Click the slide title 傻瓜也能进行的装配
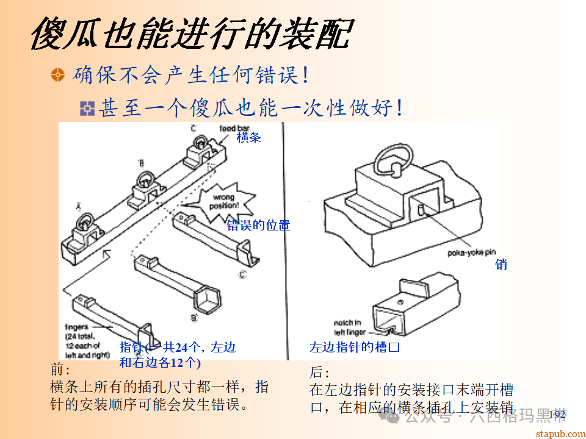point(190,34)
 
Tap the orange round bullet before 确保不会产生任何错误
point(57,75)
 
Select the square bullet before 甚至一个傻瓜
point(88,109)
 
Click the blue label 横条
point(249,138)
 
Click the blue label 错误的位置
point(258,225)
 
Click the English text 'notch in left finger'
point(349,327)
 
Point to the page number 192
point(557,415)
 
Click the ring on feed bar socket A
point(84,221)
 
